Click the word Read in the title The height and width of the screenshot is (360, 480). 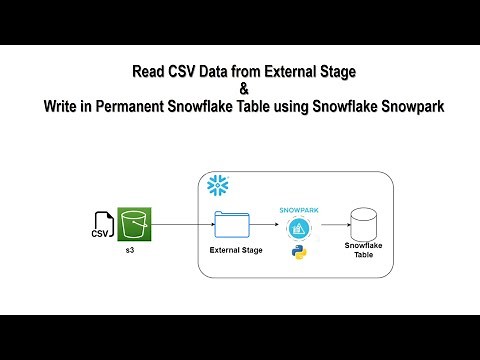click(149, 71)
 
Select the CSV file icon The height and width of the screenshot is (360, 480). click(101, 226)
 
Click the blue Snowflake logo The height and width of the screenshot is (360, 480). click(217, 186)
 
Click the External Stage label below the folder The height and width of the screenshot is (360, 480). click(236, 249)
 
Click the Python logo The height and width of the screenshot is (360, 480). click(297, 253)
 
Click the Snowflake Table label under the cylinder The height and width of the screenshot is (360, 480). click(363, 249)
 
